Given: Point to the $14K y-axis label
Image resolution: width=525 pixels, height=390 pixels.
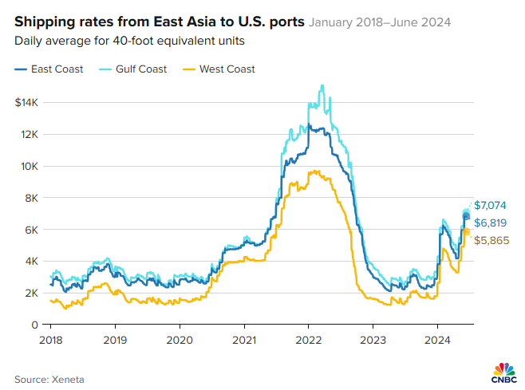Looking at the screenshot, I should coord(27,103).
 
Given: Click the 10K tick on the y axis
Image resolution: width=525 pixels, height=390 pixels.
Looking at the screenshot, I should coord(30,166).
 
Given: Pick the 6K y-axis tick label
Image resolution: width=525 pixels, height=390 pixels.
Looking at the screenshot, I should coord(32,230).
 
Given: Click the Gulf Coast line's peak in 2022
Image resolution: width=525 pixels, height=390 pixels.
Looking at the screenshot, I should coord(322,85).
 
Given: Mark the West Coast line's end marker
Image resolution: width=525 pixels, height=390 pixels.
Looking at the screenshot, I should coord(467,231).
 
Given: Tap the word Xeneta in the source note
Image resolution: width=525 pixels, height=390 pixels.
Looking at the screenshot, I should coord(68,379).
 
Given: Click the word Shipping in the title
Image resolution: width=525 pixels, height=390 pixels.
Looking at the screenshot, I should coord(41,22).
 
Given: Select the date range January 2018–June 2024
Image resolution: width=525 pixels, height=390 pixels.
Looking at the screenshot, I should coord(379,22).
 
